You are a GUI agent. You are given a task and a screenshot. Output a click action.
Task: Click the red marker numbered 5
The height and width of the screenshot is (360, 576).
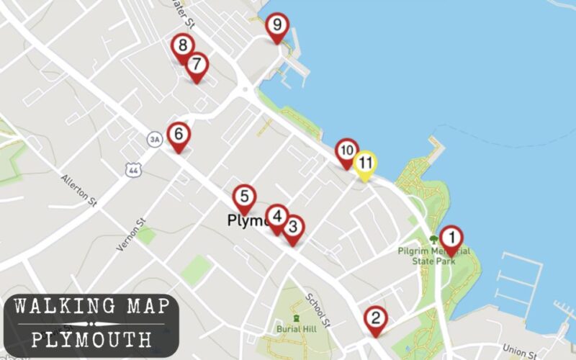(x=244, y=197)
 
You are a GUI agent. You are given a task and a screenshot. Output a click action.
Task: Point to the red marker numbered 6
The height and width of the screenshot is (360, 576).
(x=179, y=135)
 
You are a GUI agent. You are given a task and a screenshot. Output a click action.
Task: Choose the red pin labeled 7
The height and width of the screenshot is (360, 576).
(x=197, y=66)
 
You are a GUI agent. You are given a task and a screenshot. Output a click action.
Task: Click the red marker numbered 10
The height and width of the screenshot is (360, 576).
(x=347, y=151)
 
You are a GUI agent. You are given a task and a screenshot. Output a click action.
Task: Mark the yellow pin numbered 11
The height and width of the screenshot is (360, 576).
(x=366, y=163)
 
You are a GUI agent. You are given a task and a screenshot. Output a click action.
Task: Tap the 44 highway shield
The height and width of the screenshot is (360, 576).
(x=131, y=169)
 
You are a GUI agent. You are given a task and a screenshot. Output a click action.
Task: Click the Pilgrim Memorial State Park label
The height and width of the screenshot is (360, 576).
(x=434, y=256)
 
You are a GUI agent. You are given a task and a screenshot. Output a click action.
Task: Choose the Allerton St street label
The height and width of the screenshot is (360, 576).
(x=78, y=189)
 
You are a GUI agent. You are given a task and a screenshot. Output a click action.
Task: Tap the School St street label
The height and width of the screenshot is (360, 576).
(x=318, y=308)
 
